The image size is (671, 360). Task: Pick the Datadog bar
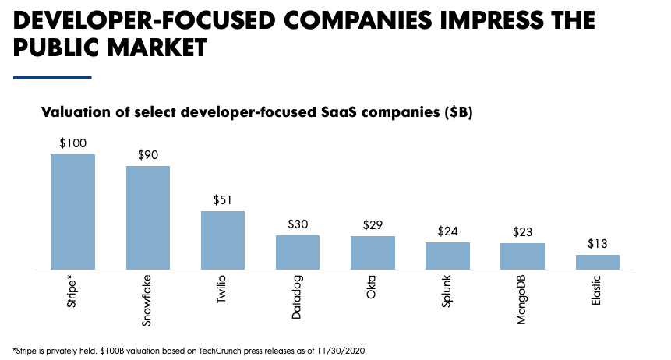pos(298,252)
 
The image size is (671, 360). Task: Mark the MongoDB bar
pos(522,256)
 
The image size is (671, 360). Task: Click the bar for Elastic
pos(598,263)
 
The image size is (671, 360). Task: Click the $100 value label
pos(73,143)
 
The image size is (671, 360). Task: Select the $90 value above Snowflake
pos(148,155)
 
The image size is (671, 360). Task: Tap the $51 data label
pos(223,200)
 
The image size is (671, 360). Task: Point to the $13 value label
pos(598,244)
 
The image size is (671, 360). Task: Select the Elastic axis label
pos(598,291)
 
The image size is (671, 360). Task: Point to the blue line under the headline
pos(53,77)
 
